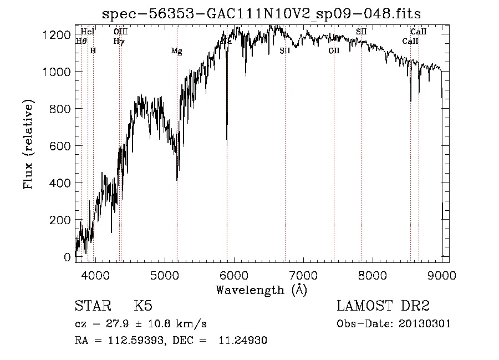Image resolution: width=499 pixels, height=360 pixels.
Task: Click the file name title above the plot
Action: coord(262,13)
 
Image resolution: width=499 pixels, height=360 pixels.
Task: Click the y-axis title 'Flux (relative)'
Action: coord(28,145)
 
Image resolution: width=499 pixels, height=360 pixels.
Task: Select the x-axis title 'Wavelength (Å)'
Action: coord(261,290)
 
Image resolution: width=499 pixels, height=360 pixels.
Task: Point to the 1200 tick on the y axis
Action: coord(58,34)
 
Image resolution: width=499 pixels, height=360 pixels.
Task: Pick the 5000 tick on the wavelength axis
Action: coord(164,275)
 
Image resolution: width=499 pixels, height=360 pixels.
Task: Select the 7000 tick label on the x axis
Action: coord(303,275)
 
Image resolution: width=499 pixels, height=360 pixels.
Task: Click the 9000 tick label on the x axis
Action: coord(442,275)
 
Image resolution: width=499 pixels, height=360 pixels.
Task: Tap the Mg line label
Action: coord(176,51)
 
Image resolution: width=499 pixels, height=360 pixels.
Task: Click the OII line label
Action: coord(334,51)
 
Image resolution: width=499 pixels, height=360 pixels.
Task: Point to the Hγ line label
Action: coord(119,41)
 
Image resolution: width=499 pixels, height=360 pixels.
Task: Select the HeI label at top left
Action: coord(88,32)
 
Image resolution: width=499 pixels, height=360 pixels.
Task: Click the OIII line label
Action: coord(120,32)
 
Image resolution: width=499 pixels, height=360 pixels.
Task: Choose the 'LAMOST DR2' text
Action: coord(383,307)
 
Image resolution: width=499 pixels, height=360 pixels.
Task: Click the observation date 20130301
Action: coord(425,323)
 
